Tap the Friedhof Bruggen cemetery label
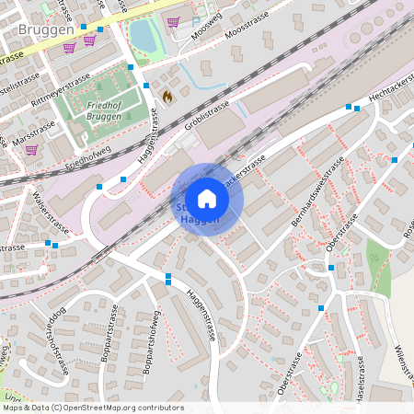(98, 110)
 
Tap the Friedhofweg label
(88, 155)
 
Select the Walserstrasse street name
(51, 210)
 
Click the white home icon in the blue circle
(207, 199)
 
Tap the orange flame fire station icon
(167, 95)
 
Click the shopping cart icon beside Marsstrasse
(30, 150)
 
